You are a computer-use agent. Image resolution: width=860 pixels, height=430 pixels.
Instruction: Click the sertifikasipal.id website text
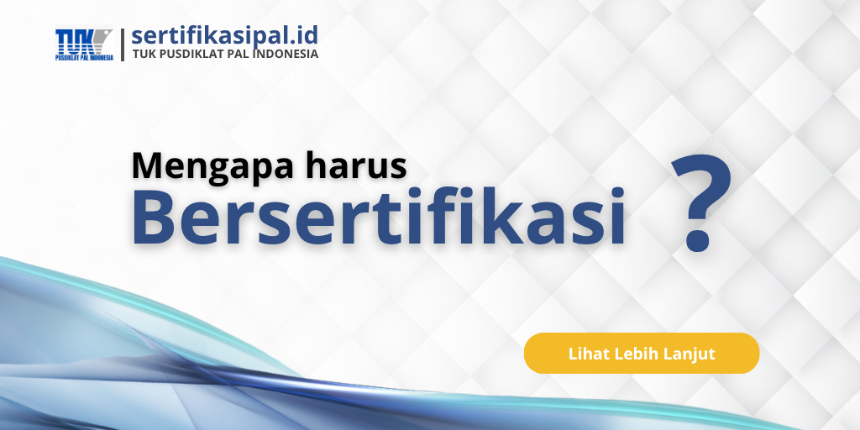coord(225,35)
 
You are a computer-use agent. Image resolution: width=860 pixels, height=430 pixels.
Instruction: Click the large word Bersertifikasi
coord(378,217)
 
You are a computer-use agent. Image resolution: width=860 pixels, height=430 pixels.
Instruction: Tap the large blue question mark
coord(701,203)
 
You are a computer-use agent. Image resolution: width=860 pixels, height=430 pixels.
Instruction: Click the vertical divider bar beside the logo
coord(123,45)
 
